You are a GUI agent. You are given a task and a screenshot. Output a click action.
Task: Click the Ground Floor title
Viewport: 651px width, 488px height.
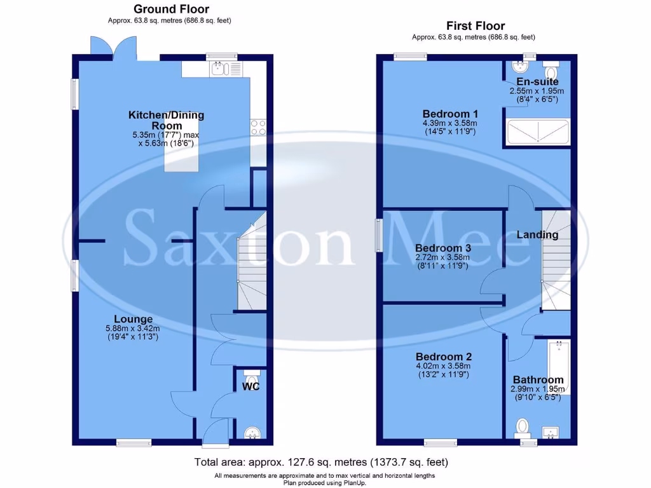tap(170, 9)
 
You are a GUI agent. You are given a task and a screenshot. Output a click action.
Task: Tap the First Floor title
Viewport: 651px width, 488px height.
tap(476, 26)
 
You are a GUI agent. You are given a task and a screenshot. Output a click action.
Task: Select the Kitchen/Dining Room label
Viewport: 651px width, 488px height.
tap(166, 120)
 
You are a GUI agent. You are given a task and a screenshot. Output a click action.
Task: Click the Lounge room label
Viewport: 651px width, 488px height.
tap(133, 319)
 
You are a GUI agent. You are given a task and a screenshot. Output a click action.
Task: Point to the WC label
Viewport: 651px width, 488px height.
tap(251, 386)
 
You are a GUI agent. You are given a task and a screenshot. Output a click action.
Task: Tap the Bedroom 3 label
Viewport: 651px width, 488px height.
tap(442, 248)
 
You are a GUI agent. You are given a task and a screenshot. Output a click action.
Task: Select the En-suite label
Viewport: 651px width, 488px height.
tap(537, 82)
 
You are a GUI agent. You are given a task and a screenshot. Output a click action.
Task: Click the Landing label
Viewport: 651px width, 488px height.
tap(537, 234)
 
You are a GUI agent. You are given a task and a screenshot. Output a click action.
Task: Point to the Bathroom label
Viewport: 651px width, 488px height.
tap(538, 380)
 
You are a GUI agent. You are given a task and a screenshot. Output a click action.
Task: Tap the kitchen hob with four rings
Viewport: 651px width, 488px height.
tap(258, 128)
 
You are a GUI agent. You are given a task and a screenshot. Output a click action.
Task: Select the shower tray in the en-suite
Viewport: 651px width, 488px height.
tap(538, 132)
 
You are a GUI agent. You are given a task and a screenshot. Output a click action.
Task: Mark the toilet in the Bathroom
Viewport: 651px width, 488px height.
tap(523, 425)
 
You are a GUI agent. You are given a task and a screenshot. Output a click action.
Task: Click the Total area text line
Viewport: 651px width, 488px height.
tap(325, 462)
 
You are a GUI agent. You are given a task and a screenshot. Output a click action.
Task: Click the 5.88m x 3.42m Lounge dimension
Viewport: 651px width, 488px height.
tap(132, 329)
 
